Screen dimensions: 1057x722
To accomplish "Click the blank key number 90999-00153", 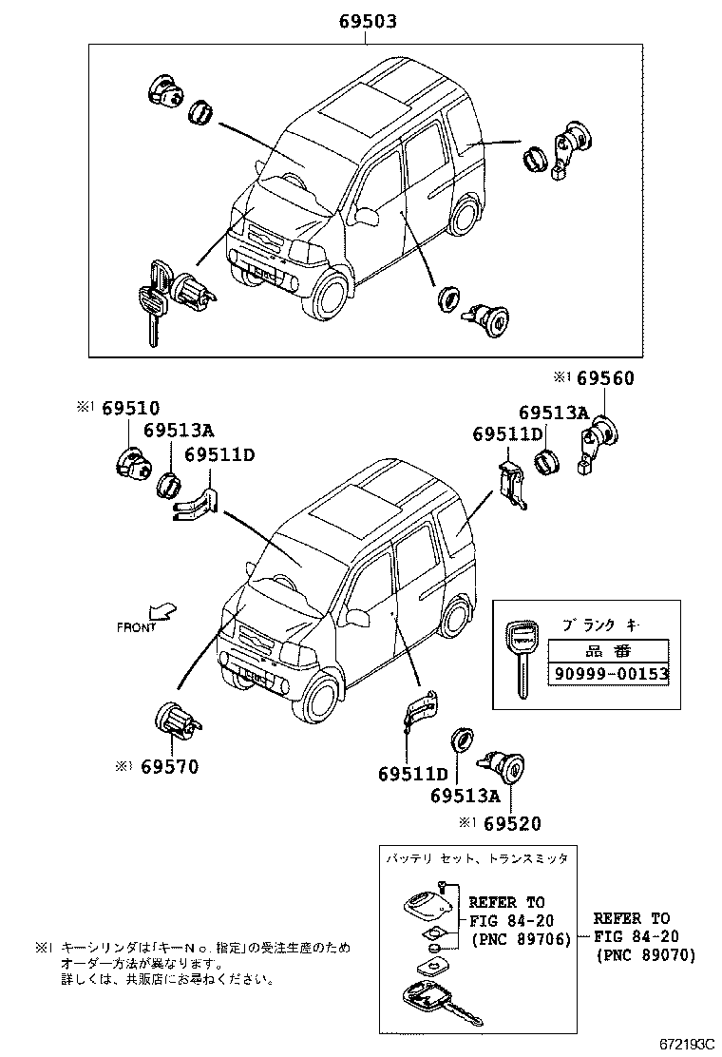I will coord(608,674).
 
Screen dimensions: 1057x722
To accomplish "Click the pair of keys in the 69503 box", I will coord(153,300).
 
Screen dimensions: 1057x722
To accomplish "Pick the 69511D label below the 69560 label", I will coord(507,434).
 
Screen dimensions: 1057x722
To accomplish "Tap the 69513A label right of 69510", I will coord(180,431).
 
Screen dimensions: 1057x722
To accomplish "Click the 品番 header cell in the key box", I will coord(608,651).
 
